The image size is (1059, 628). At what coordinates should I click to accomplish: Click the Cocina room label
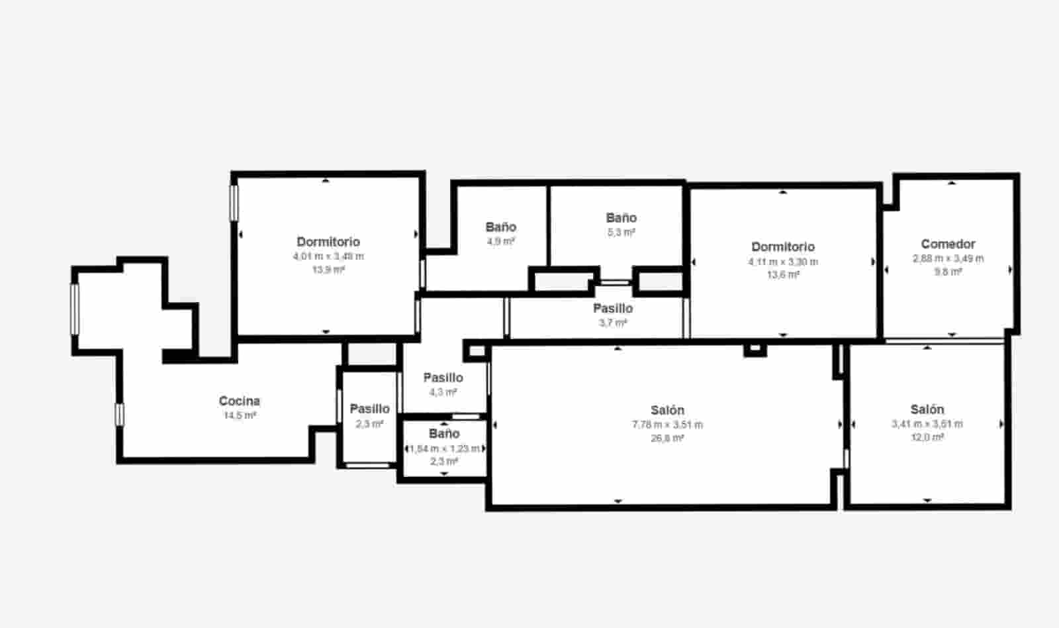(x=239, y=401)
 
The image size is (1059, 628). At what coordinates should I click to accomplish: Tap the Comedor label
(x=948, y=244)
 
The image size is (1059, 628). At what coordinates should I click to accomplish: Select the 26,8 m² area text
(x=667, y=438)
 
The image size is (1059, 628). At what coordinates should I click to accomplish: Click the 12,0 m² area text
(x=927, y=437)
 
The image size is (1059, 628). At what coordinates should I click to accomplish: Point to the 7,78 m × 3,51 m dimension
(x=667, y=425)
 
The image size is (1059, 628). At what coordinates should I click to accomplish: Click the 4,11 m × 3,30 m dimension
(x=783, y=262)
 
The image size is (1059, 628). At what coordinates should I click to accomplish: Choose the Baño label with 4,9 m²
(x=500, y=227)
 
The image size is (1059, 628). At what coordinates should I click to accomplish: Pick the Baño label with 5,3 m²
(x=621, y=218)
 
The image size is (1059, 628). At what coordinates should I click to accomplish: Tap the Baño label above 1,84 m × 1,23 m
(x=443, y=434)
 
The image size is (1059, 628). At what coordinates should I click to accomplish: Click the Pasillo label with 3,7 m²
(x=612, y=309)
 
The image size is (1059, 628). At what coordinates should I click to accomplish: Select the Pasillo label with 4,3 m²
(x=443, y=378)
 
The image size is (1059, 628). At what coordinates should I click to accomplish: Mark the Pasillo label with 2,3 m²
(x=369, y=409)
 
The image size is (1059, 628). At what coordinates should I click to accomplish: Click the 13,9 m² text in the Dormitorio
(x=328, y=270)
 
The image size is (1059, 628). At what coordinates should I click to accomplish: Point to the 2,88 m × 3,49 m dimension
(x=948, y=258)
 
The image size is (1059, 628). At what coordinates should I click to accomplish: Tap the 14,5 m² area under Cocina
(x=239, y=415)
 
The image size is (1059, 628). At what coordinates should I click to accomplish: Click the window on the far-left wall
(x=75, y=309)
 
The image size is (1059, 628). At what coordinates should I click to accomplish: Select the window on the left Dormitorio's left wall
(x=234, y=202)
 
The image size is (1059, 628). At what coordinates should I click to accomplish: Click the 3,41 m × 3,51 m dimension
(x=927, y=424)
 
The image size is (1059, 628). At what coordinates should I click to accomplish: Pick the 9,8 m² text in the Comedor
(x=948, y=272)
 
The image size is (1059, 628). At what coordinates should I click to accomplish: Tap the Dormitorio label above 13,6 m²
(x=783, y=247)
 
